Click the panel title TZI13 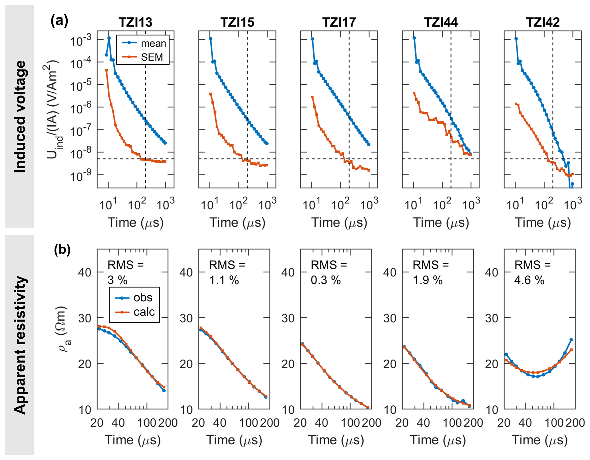(135, 23)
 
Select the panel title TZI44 (441, 23)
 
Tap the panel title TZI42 (543, 23)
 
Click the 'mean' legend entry (153, 43)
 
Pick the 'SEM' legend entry (152, 57)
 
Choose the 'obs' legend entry (143, 298)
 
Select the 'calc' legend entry (144, 312)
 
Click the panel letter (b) (62, 250)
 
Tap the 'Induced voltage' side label (20, 117)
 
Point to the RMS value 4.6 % (529, 280)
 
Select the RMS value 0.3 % (326, 280)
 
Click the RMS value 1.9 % (428, 280)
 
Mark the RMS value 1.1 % (224, 280)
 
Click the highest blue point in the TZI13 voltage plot (109, 38)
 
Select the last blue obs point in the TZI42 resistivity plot (571, 340)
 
